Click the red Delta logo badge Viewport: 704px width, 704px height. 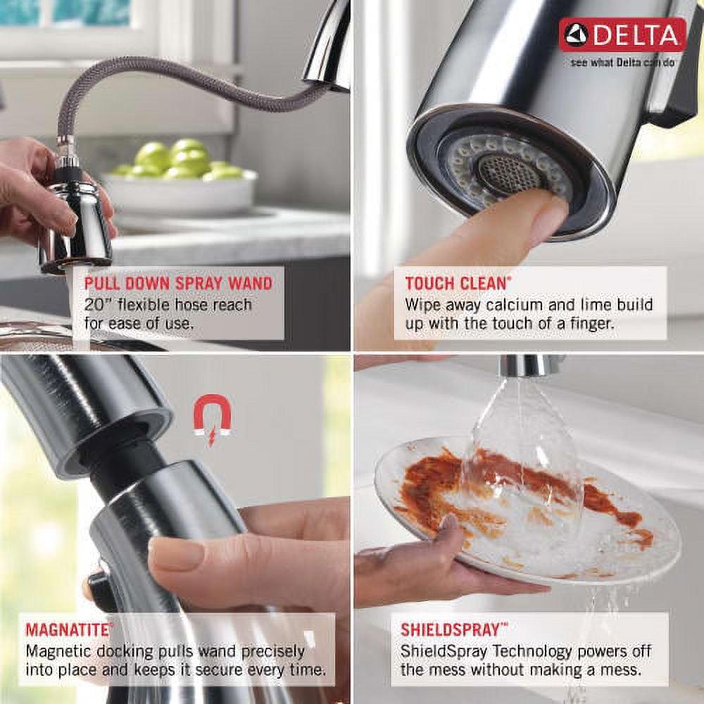click(622, 35)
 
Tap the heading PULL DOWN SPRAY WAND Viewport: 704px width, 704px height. click(178, 284)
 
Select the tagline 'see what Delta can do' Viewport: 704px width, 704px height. click(622, 62)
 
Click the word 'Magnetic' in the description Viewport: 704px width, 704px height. click(63, 651)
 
